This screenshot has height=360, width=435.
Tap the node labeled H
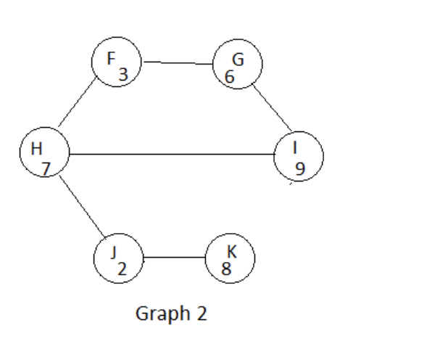coord(44,154)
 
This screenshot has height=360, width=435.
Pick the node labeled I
coord(299,157)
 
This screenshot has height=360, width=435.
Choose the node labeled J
coord(118,258)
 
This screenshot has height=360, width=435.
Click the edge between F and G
coord(178,63)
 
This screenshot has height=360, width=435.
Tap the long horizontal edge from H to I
coord(172,154)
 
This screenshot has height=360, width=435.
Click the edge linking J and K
coord(174,258)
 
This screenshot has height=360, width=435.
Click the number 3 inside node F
coord(123,73)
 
